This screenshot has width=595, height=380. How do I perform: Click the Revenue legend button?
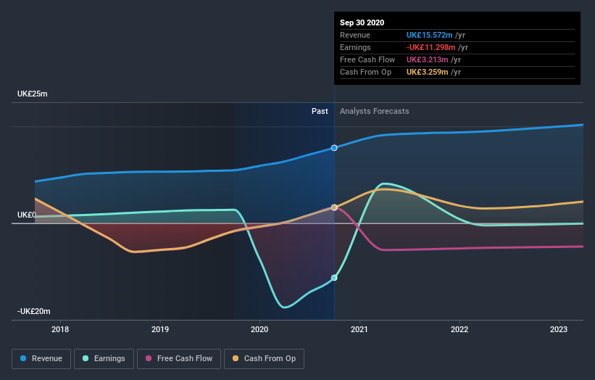pos(42,358)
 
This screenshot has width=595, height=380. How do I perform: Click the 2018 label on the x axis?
pos(61,330)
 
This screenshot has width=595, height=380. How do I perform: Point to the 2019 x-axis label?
pos(160,330)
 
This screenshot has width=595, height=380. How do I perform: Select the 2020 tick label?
pos(259,330)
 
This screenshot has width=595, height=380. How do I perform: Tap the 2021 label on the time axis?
pos(359,330)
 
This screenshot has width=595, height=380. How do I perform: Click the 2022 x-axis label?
pos(459,330)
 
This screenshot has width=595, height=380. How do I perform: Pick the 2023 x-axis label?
pos(559,330)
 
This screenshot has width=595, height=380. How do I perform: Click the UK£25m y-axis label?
pos(33,94)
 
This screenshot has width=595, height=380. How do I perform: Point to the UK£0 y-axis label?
pos(28,215)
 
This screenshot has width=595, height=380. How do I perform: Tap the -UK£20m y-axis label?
pos(34,311)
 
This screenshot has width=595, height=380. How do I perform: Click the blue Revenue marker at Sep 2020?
pos(334,148)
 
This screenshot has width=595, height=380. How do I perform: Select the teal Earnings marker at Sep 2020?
pos(334,278)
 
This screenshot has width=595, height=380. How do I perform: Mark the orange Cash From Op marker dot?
pos(334,207)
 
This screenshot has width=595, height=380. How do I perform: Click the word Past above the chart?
pos(320,111)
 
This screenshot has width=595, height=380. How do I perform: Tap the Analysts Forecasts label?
pos(374,111)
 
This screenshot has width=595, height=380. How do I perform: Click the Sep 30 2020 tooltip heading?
pos(363,22)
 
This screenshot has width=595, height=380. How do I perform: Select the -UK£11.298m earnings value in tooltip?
pos(430,47)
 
